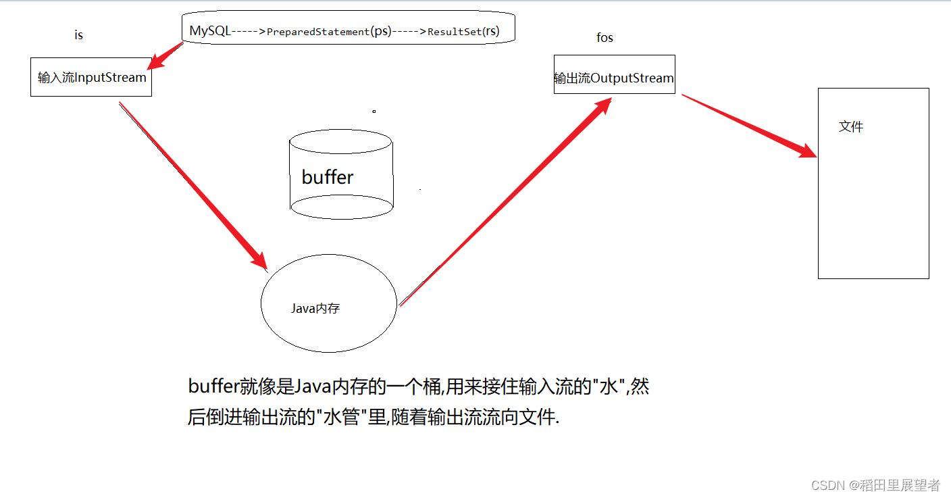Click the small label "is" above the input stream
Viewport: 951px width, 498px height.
click(78, 35)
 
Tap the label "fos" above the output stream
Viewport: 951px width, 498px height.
click(605, 38)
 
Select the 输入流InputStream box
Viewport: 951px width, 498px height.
click(91, 77)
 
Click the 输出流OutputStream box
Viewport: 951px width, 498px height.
click(614, 78)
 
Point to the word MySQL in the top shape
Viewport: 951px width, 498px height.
click(209, 31)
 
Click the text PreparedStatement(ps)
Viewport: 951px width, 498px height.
click(329, 32)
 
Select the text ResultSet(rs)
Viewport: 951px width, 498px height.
click(463, 32)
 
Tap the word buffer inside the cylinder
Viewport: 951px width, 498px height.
click(328, 177)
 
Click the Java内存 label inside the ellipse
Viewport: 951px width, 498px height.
click(315, 309)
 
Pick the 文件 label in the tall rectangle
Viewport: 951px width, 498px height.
click(850, 126)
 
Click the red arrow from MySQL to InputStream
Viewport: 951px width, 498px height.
click(165, 56)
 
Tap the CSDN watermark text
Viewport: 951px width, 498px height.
click(875, 485)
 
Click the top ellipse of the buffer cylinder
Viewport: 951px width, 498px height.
click(340, 141)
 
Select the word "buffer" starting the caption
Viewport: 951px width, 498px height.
click(213, 387)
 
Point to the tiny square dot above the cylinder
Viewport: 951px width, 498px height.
click(374, 111)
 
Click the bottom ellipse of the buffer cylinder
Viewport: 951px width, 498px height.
click(340, 206)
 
